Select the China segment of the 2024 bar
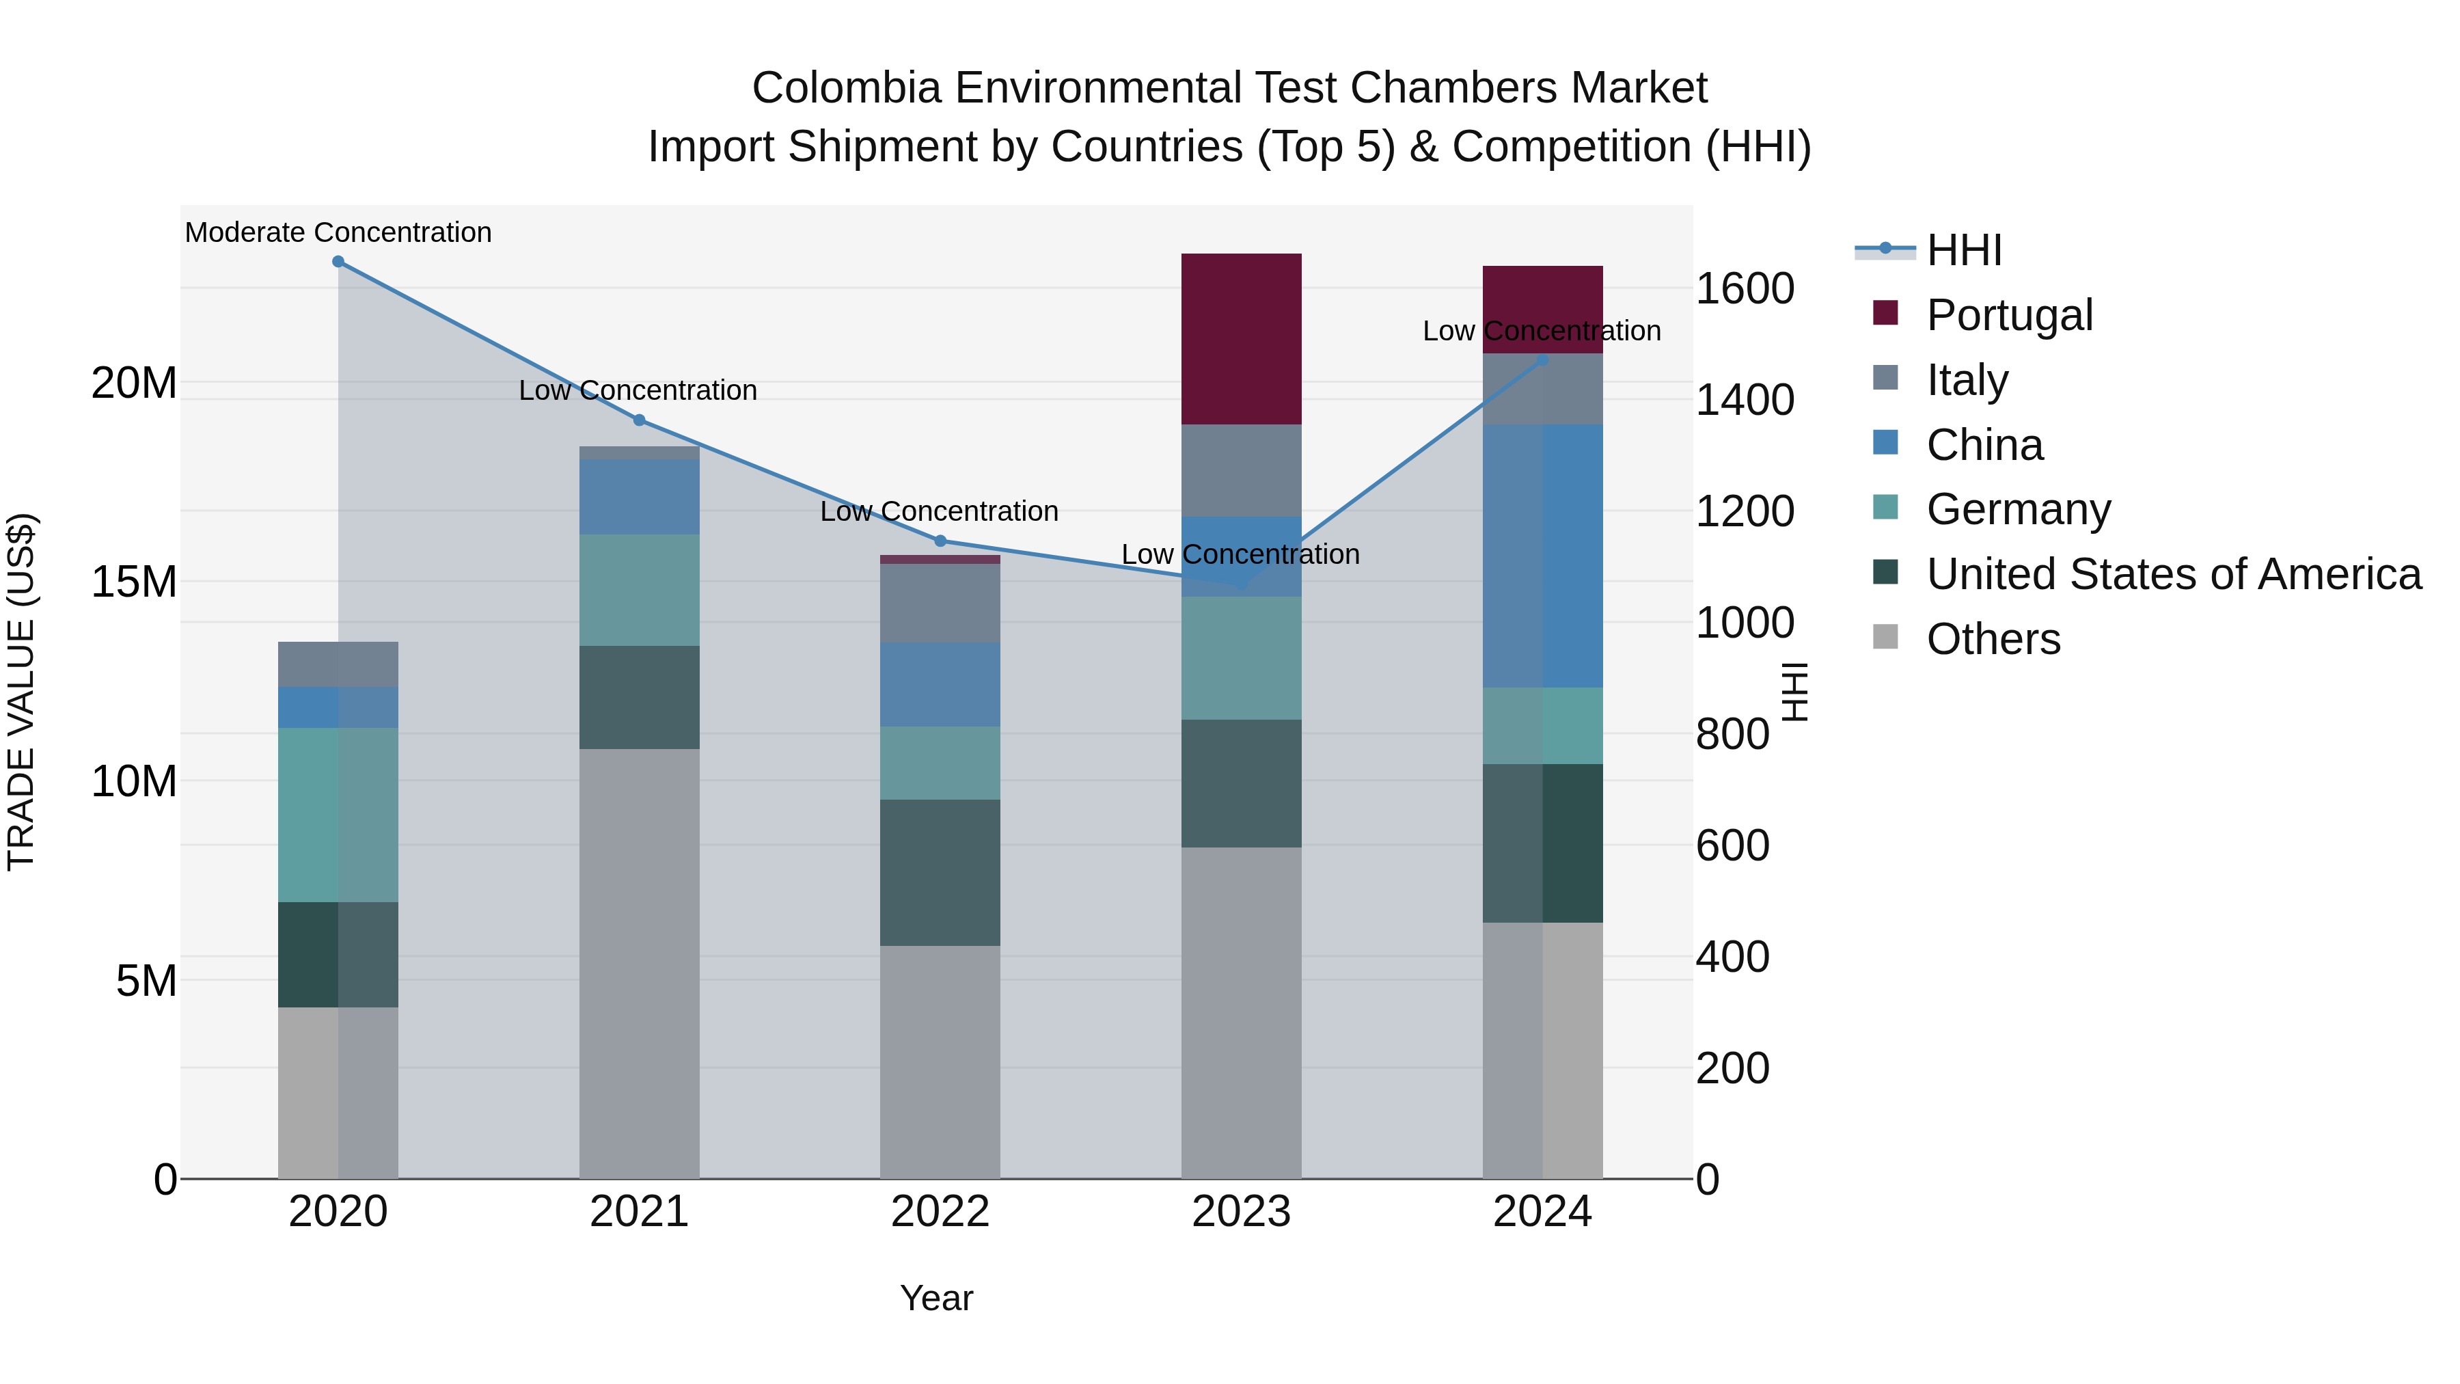(1542, 556)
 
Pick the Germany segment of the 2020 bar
(338, 815)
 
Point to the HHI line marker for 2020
(338, 262)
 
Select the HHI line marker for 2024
(1542, 360)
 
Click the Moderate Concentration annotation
(338, 232)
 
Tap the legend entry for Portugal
(2008, 315)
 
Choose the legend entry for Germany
(2018, 509)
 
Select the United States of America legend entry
(2172, 574)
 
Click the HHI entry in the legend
(1963, 250)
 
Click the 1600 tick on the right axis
(1744, 288)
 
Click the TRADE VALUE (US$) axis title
(21, 692)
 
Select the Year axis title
(936, 1298)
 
